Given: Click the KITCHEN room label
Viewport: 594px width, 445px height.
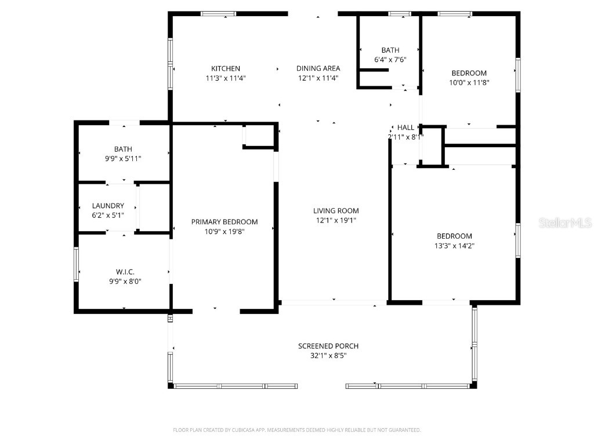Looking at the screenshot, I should (225, 68).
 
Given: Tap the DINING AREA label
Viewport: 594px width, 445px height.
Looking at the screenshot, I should (318, 68).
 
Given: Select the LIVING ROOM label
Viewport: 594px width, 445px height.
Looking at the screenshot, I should (336, 211).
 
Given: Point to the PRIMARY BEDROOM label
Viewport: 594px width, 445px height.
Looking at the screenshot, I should (224, 222).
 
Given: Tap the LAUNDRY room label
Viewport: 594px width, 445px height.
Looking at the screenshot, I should (108, 206).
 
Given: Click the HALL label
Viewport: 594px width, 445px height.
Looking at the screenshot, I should (405, 127).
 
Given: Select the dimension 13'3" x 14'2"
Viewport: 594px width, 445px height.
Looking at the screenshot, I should (454, 246).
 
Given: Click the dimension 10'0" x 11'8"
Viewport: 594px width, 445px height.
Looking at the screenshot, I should (469, 83).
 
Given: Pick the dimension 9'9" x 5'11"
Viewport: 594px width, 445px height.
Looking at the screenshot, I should (122, 159).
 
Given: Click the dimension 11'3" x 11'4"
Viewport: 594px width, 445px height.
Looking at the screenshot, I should (225, 78).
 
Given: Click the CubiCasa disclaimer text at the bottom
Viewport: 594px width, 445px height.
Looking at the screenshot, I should (297, 430).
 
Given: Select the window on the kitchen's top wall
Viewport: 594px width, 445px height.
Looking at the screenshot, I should (218, 13).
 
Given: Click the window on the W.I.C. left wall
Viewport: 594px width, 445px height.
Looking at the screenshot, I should (76, 264).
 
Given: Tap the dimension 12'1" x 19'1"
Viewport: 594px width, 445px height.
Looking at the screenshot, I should (336, 221).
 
